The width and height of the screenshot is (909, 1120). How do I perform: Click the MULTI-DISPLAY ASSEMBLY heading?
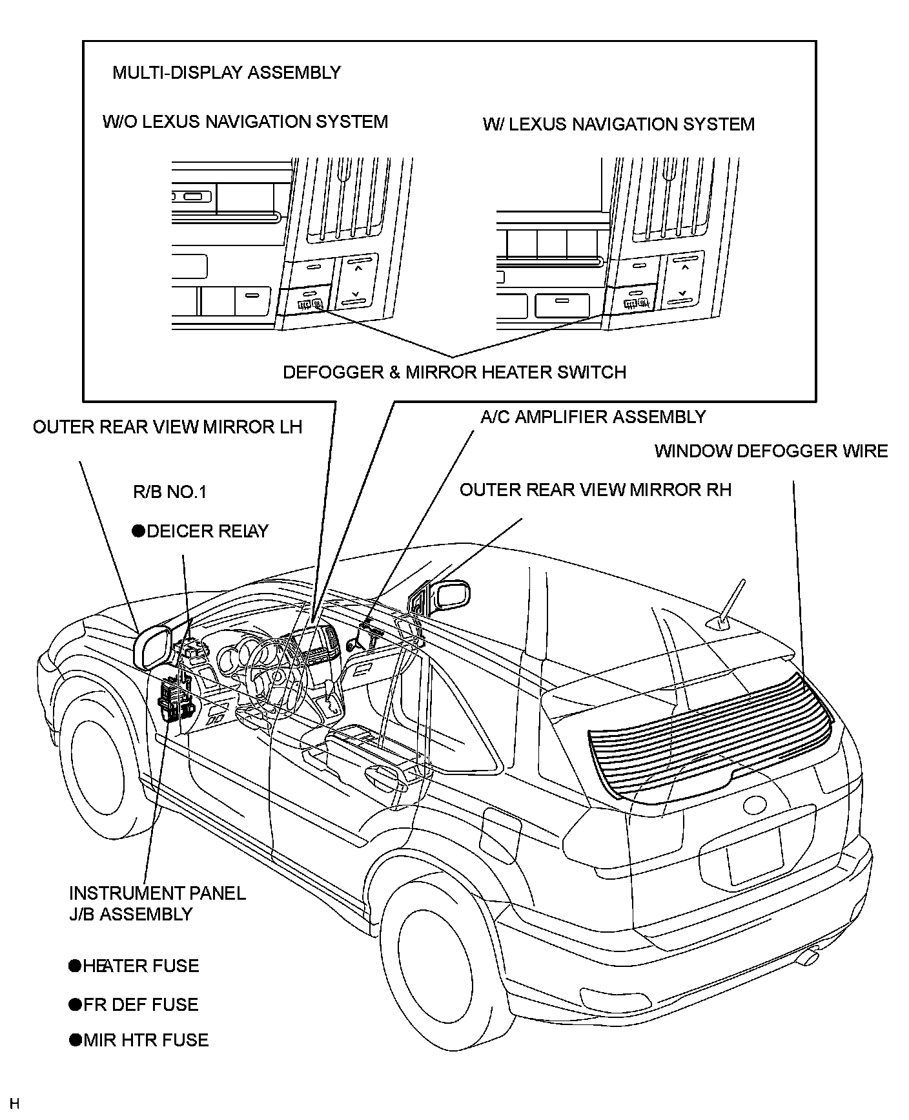pos(226,72)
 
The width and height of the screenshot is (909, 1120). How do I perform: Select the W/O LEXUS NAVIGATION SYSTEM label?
pos(245,122)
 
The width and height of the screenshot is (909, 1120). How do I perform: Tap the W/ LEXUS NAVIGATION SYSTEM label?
pos(618,124)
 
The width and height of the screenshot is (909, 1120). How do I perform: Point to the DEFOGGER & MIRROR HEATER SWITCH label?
pos(454,373)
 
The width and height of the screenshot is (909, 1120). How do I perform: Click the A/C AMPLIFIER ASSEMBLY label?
pos(593,417)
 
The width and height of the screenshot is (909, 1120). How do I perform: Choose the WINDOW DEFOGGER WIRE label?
pos(771,451)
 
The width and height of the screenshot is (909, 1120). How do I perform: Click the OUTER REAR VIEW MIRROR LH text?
pos(167,428)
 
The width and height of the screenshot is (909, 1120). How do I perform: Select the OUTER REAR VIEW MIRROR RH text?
pos(595,490)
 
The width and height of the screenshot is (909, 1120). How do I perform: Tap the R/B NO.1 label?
pos(169,492)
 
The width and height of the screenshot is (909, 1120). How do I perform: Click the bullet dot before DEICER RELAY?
pos(138,531)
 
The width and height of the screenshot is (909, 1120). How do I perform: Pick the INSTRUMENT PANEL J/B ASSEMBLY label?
pos(157,903)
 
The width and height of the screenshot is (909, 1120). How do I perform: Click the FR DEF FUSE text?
pos(141,1004)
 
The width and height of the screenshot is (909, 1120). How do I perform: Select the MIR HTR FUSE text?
pos(146,1040)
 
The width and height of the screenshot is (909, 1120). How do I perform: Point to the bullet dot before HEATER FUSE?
pos(75,966)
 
